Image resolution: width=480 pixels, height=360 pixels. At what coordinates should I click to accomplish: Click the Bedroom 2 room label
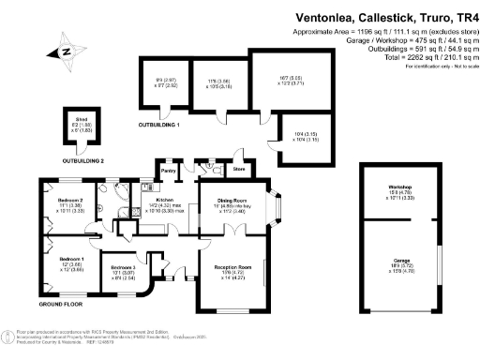[69, 201]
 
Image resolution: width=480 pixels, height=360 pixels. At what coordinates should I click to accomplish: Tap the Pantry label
[169, 171]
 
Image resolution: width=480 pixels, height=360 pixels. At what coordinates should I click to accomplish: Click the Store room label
[238, 170]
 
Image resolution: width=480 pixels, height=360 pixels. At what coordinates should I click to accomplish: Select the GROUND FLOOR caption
[62, 306]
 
